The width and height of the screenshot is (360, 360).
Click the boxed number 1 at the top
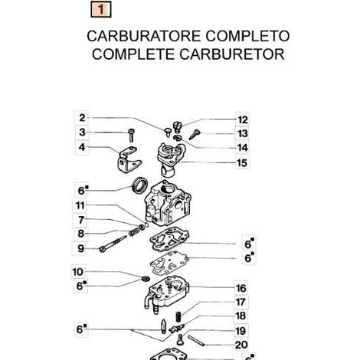pos(101,9)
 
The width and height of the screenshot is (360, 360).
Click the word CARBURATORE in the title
pos(144,36)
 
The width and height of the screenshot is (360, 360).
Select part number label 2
pos(82,118)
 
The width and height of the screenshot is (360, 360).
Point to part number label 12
pos(242,119)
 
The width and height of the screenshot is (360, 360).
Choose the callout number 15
pos(242,162)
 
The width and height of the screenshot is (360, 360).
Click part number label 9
pos(80,248)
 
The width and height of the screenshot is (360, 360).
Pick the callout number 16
pos(241,288)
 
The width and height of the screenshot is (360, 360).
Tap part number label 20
pos(241,345)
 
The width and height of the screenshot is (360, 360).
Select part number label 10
pos(77,272)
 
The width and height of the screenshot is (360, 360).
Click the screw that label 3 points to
pos(132,136)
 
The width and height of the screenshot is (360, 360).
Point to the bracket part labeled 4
pos(129,159)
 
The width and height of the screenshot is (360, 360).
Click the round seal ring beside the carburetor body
pos(140,185)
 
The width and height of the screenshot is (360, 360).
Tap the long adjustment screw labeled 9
pos(113,244)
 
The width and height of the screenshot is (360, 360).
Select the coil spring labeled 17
pos(178,317)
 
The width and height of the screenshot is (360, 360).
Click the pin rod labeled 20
pos(196,341)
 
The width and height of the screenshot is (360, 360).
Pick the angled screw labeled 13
pos(195,135)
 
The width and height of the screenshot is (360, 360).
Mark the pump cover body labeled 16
pos(167,293)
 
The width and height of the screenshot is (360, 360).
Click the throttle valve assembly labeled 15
pos(171,159)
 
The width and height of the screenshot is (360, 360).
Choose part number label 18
pos(241,316)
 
